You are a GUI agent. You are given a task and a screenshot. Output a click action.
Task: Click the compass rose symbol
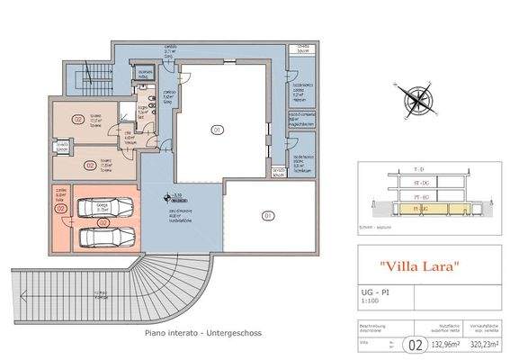[x=416, y=95]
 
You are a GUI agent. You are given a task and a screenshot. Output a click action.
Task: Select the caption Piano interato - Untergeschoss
[x=203, y=332]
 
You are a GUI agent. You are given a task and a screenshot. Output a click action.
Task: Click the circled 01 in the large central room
[x=217, y=130]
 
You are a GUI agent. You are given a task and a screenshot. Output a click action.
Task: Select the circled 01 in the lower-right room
[x=267, y=216]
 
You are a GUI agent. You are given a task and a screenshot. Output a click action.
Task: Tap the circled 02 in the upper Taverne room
[x=78, y=119]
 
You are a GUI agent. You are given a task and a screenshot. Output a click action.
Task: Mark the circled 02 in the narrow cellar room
[x=61, y=208]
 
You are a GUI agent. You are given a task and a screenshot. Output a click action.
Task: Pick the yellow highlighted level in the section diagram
[x=423, y=209]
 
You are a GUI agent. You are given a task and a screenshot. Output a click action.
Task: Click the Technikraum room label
[x=300, y=164]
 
